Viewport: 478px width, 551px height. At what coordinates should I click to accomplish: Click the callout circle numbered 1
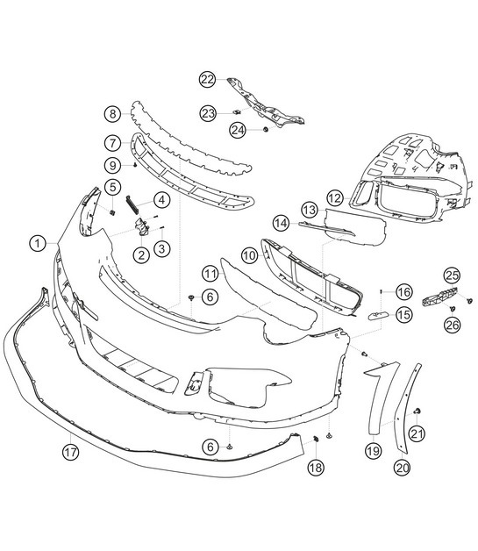point(38,241)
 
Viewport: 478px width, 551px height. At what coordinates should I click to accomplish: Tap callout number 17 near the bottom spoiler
point(70,453)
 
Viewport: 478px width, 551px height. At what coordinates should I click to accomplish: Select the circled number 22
point(206,80)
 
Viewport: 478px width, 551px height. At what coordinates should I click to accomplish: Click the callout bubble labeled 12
point(334,198)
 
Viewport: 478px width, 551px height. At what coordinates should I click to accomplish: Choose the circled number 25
point(451,276)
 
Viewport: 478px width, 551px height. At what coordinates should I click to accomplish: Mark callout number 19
point(373,452)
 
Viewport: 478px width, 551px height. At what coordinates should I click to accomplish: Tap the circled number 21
point(417,432)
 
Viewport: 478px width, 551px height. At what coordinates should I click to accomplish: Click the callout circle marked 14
point(280,223)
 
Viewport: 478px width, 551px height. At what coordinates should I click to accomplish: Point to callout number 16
point(403,291)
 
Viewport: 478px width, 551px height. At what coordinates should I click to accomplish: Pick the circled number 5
point(113,186)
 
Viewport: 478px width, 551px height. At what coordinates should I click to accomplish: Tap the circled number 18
point(315,469)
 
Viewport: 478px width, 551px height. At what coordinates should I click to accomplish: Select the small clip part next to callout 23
point(236,113)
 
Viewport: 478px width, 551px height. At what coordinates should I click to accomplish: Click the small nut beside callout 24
point(263,130)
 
